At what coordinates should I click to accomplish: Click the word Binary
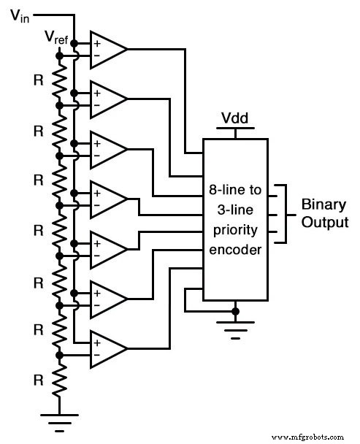tap(321, 205)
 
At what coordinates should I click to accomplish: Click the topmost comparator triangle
tap(105, 49)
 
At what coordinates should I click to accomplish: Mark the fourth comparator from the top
tap(105, 199)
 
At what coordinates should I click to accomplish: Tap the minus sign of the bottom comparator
tap(96, 356)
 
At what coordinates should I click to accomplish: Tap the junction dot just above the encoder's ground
tap(235, 311)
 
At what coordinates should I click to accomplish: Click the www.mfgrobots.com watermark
tap(314, 436)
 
